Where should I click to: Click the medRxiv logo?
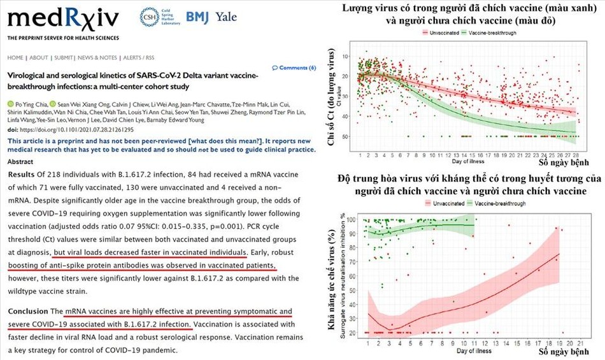tap(63, 19)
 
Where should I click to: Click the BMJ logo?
tap(198, 17)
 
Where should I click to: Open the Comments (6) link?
tap(297, 68)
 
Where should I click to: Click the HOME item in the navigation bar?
tap(15, 57)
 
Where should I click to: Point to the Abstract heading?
tap(21, 161)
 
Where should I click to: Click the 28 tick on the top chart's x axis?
tap(576, 155)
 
